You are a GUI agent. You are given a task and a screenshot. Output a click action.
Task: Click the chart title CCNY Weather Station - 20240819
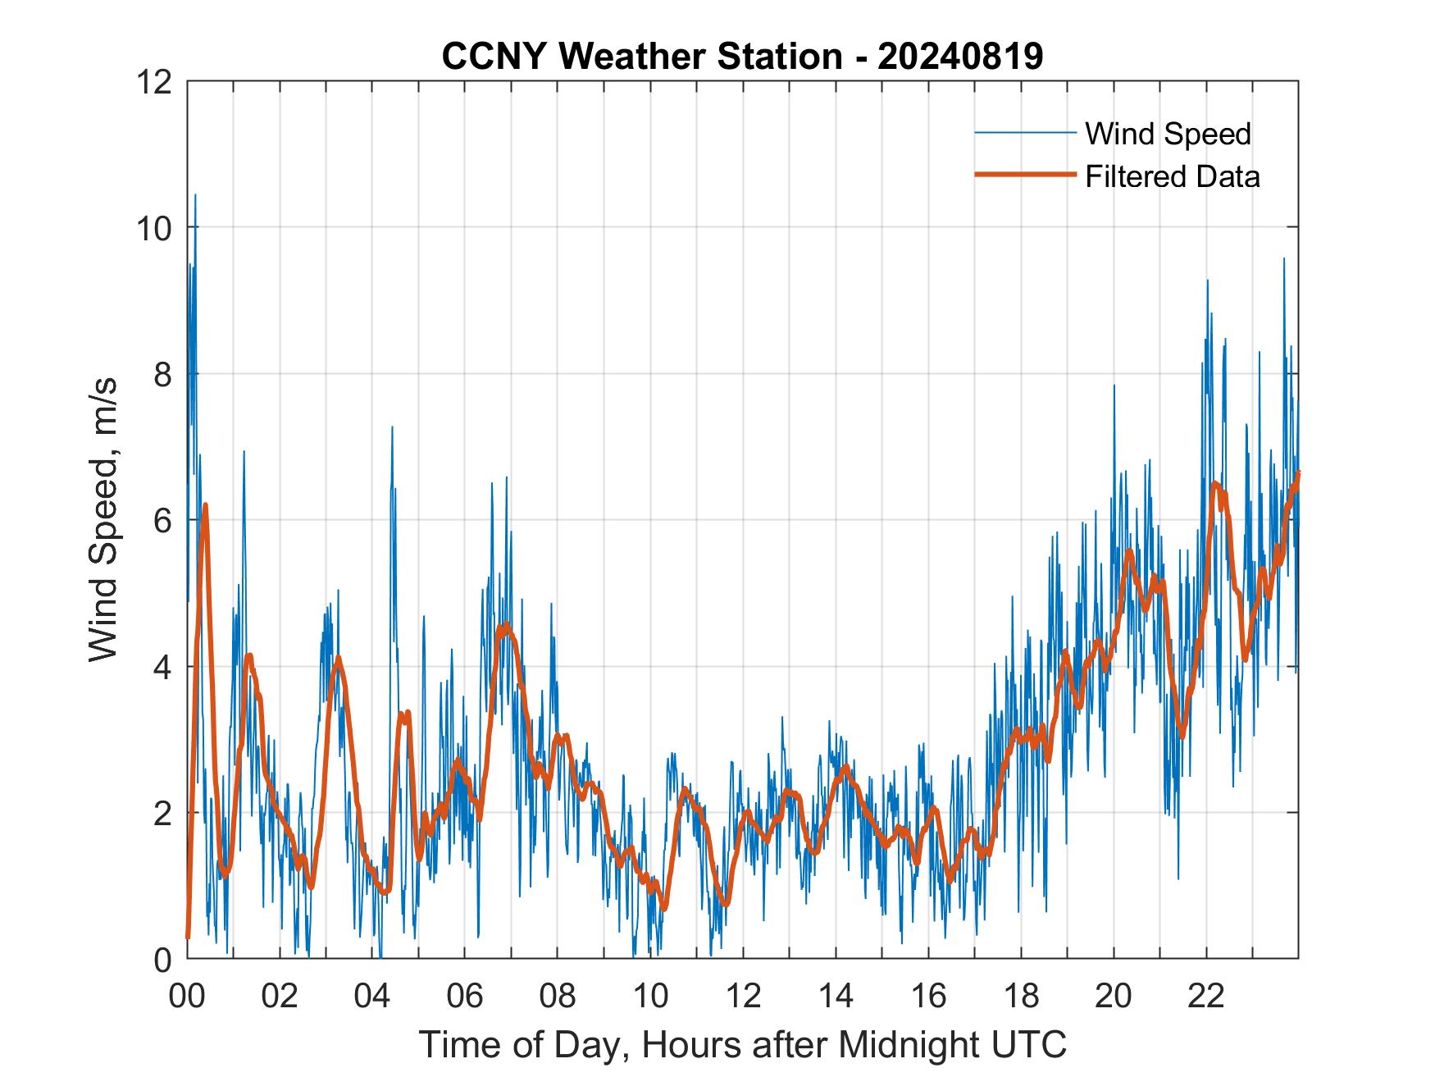(x=742, y=57)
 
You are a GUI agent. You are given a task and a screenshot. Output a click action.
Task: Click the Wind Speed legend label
(x=1168, y=134)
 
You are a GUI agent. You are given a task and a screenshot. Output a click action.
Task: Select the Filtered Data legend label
(x=1172, y=176)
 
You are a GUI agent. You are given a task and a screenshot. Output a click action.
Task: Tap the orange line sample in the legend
(x=1025, y=175)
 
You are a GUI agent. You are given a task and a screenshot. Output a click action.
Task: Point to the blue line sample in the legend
(x=1025, y=132)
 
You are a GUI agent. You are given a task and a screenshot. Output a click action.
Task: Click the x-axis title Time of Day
(x=742, y=1044)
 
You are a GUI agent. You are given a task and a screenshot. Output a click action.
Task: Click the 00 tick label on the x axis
(x=187, y=996)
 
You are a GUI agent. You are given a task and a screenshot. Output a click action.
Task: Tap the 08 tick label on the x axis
(x=558, y=996)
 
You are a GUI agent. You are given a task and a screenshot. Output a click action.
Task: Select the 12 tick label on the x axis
(x=743, y=996)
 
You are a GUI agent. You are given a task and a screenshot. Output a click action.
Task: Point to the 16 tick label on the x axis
(x=928, y=996)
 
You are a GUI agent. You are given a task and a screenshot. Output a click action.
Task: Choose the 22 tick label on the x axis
(x=1206, y=996)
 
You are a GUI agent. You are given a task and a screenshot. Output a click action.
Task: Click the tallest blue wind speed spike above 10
(x=195, y=196)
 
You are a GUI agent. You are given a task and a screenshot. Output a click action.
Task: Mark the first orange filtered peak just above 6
(x=205, y=505)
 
